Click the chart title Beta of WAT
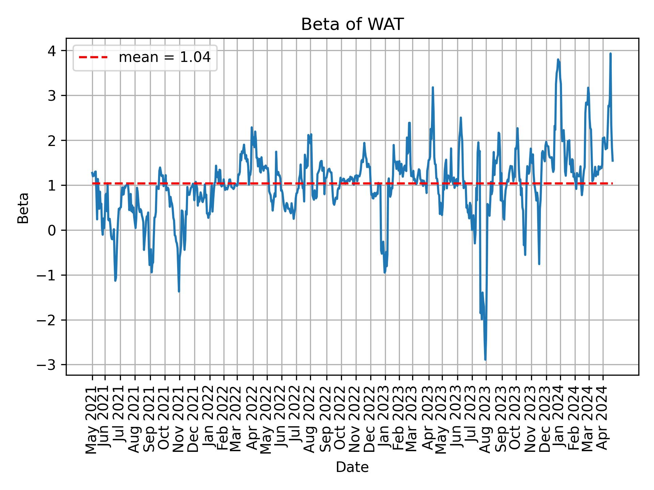click(352, 24)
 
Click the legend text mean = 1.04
click(165, 58)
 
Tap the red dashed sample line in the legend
click(93, 58)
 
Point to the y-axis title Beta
click(23, 208)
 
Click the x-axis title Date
click(352, 467)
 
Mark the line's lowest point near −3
click(485, 360)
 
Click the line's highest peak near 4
click(610, 53)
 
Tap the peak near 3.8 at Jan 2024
click(558, 59)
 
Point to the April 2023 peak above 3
click(433, 87)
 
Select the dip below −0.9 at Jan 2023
click(385, 273)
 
